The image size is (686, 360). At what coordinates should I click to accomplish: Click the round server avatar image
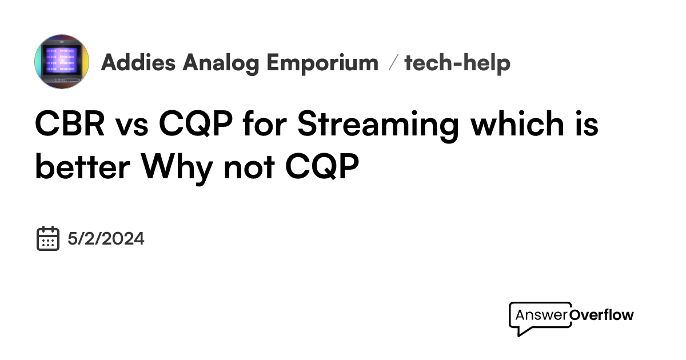pyautogui.click(x=62, y=62)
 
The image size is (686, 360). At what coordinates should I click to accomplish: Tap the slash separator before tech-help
pyautogui.click(x=392, y=63)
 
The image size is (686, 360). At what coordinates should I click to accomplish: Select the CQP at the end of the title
pyautogui.click(x=322, y=167)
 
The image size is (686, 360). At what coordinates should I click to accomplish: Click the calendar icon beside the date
pyautogui.click(x=48, y=238)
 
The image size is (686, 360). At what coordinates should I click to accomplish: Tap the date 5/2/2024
pyautogui.click(x=106, y=239)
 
